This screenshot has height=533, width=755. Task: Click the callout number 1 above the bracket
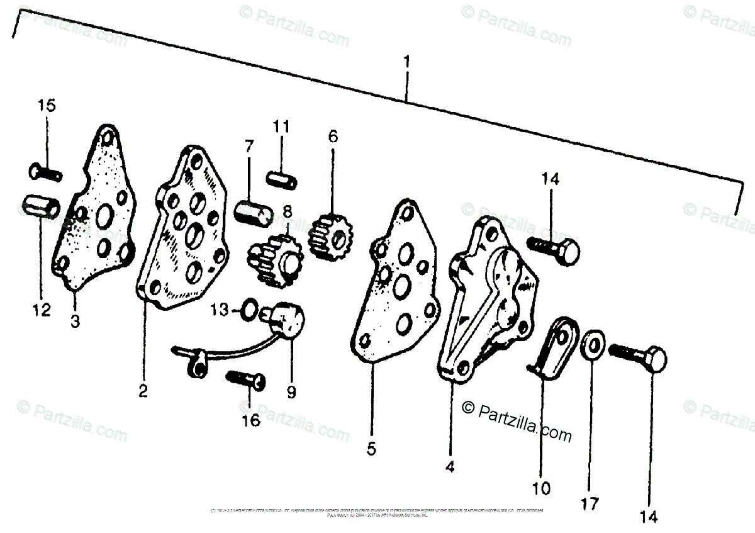407,62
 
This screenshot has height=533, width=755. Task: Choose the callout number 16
250,420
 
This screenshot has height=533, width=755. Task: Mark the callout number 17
591,503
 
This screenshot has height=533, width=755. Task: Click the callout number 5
371,449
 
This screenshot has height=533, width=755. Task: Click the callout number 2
143,391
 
